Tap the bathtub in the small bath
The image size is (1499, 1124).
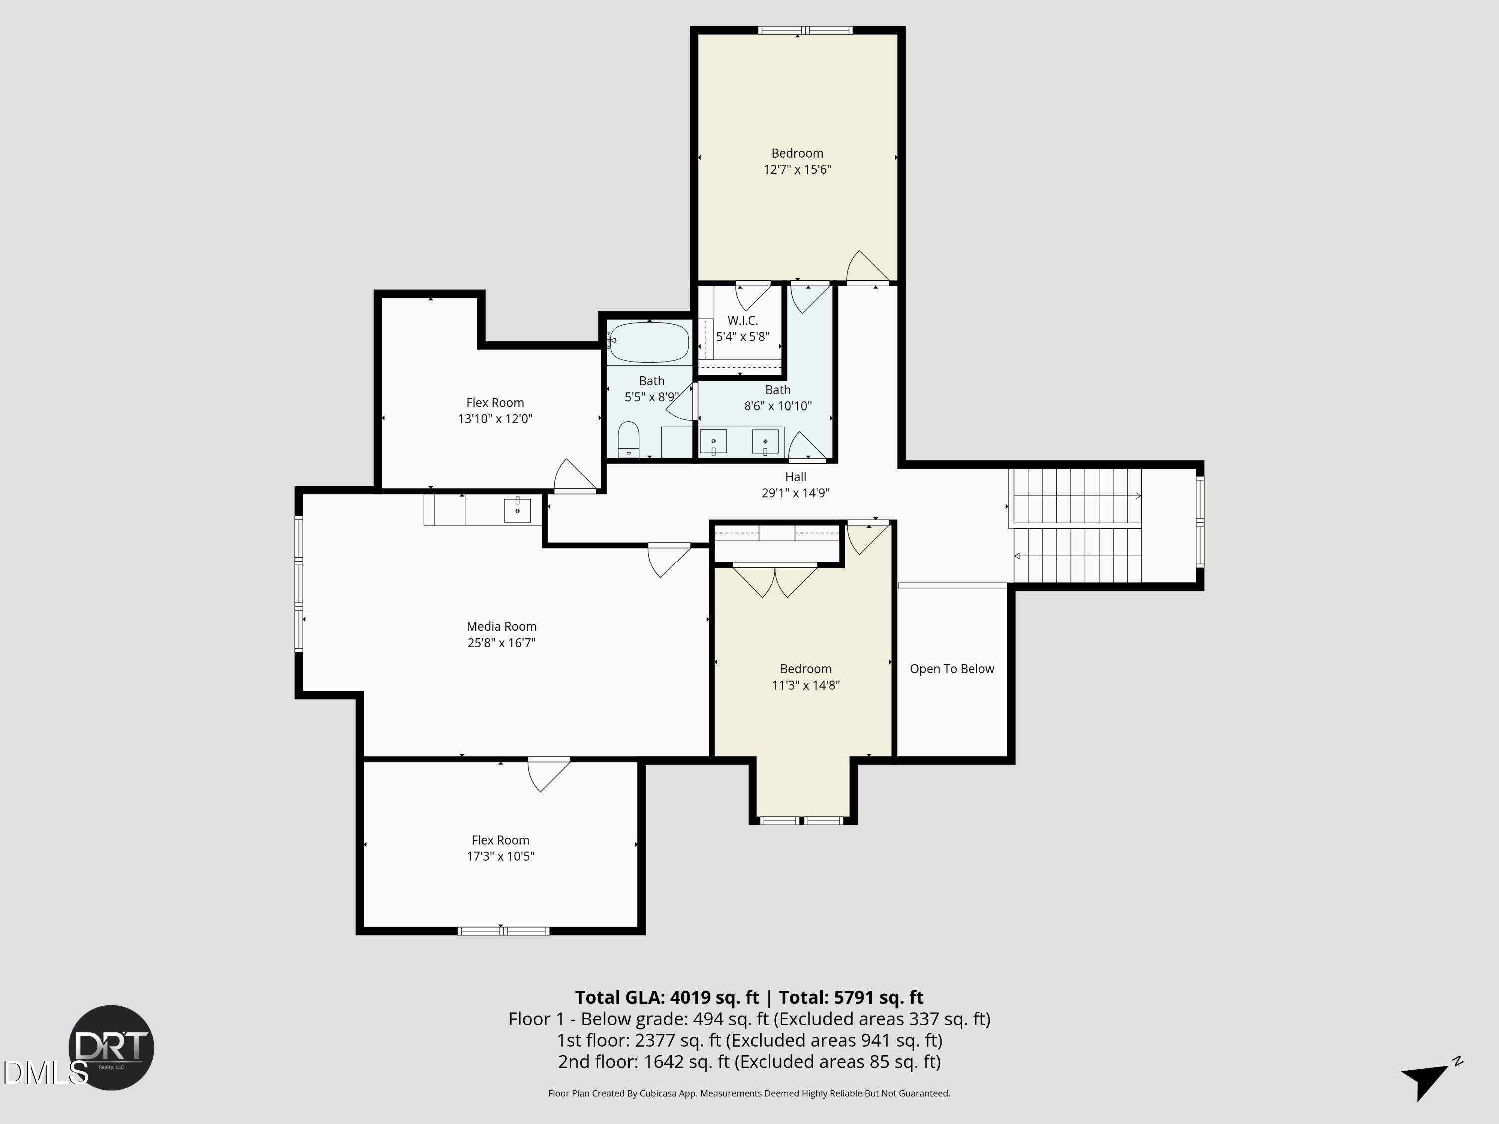tap(649, 342)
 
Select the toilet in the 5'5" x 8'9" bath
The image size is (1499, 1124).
tap(628, 440)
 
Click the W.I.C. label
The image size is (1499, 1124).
tap(742, 321)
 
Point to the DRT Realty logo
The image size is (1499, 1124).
tap(112, 1047)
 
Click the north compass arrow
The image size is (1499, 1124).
tap(1427, 1077)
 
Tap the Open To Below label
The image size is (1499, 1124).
tap(951, 669)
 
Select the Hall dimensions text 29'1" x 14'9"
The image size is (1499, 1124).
tap(795, 493)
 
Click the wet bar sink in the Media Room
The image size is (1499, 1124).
tap(517, 510)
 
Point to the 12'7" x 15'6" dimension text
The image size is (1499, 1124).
tap(797, 169)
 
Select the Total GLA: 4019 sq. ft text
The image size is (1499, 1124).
tap(667, 997)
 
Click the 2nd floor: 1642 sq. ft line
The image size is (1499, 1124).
tap(749, 1061)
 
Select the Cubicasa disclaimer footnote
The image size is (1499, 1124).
tap(749, 1093)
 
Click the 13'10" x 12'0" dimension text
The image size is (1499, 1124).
tap(495, 419)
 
